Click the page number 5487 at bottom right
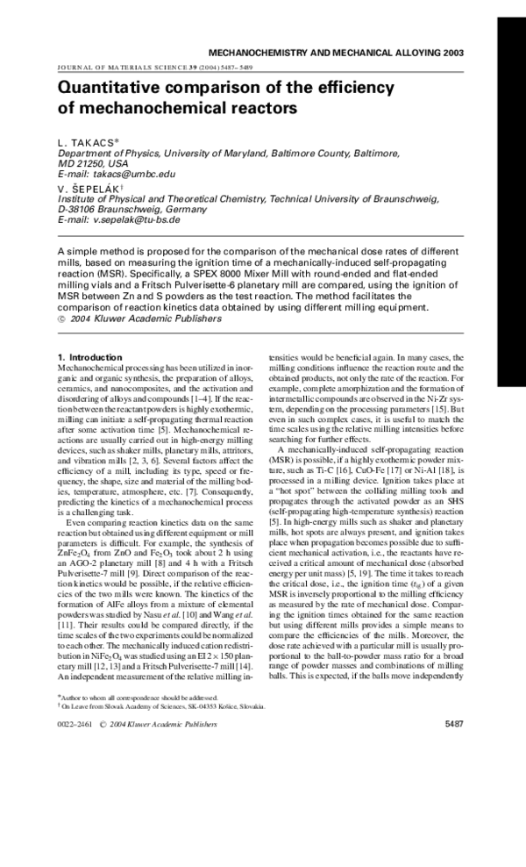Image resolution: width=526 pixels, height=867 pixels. [x=454, y=724]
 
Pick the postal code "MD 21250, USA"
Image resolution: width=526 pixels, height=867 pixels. [x=93, y=163]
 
